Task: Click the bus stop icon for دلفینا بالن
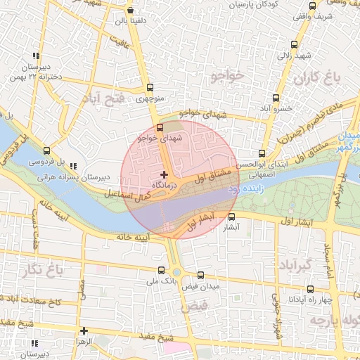click(x=130, y=11)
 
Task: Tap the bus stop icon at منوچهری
click(x=149, y=89)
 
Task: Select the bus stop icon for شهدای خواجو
click(x=160, y=127)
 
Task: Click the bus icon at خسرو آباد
click(x=275, y=98)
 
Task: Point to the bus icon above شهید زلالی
click(x=294, y=44)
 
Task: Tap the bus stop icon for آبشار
click(x=231, y=217)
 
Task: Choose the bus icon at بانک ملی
click(x=162, y=270)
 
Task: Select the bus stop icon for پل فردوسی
click(x=46, y=150)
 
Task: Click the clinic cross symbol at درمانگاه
click(x=164, y=174)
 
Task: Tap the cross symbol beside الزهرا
click(x=84, y=330)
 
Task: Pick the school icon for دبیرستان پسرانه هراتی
click(x=74, y=166)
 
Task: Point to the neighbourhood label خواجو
click(x=226, y=75)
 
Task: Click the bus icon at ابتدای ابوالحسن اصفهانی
click(x=262, y=153)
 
